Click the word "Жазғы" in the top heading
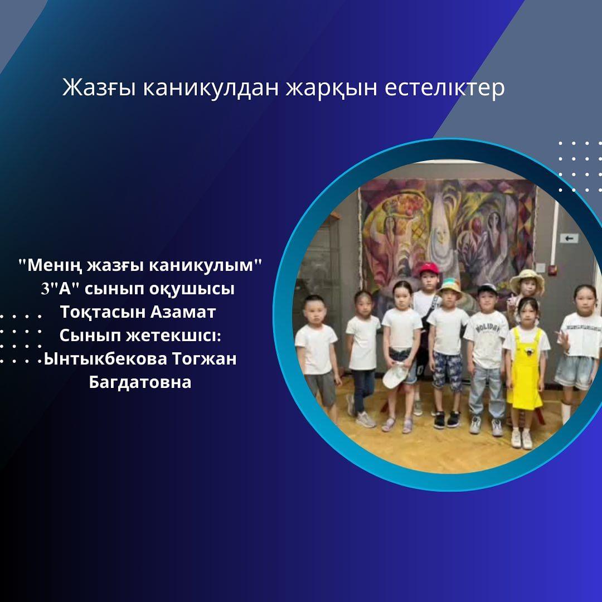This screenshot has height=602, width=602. tap(99, 88)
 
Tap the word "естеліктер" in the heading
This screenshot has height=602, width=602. tap(445, 88)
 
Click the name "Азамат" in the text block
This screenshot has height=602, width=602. tap(183, 312)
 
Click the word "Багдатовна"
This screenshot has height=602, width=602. tap(140, 382)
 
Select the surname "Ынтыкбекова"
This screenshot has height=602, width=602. tap(105, 359)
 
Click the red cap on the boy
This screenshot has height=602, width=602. tap(429, 268)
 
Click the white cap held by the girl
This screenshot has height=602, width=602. tap(395, 376)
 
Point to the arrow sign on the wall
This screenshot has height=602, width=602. tap(569, 239)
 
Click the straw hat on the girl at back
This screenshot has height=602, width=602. tap(527, 279)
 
